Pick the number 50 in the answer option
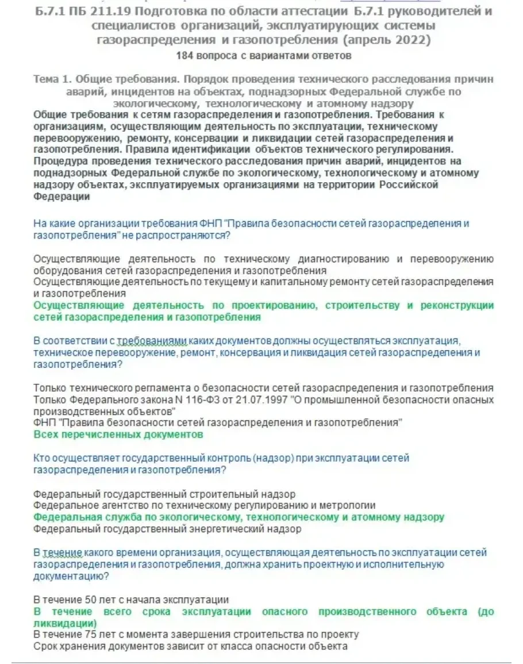coord(91,600)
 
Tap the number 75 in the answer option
coord(91,634)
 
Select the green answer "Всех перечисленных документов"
coord(118,435)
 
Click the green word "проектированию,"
coord(272,305)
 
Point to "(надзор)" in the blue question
coord(278,458)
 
